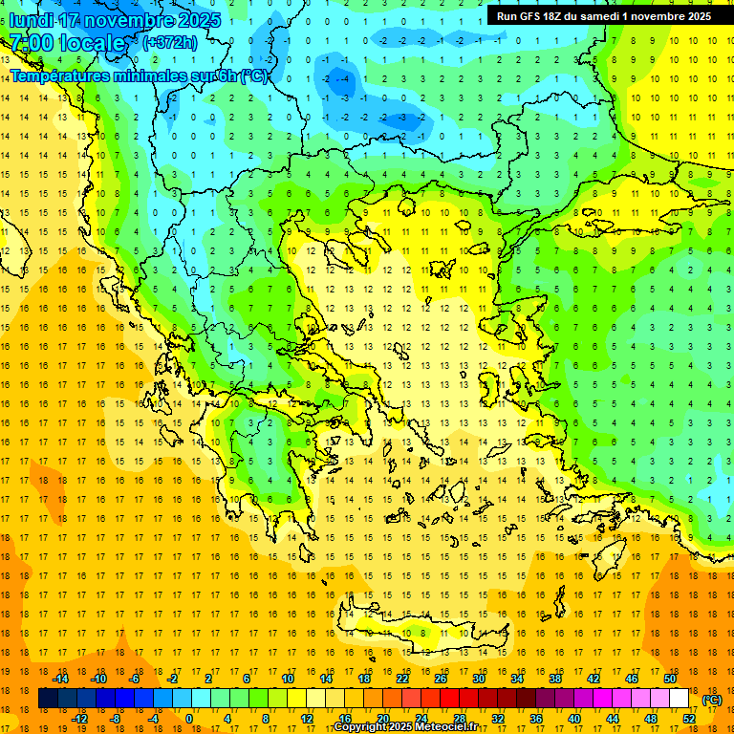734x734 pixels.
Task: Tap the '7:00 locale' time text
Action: coord(68,43)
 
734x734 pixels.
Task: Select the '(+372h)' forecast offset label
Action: coord(169,42)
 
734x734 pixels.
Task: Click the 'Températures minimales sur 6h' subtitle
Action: coord(140,76)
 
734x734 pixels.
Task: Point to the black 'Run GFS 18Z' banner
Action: coord(603,15)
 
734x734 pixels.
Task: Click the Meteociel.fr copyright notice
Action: coord(405,727)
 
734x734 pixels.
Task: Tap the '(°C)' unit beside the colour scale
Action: coord(712,700)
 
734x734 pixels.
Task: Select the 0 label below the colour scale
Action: coord(189,719)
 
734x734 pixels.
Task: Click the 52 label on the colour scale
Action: coord(689,719)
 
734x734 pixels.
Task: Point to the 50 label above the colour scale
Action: coord(669,679)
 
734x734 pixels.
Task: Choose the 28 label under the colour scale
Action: coord(459,719)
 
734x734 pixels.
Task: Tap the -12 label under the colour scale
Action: coord(80,719)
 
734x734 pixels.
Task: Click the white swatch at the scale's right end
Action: coord(679,699)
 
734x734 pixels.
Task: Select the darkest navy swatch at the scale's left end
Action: coord(48,699)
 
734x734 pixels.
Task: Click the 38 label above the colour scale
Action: coord(554,679)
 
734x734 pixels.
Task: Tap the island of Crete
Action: coord(421,633)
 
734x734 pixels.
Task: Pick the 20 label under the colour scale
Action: coord(382,719)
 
